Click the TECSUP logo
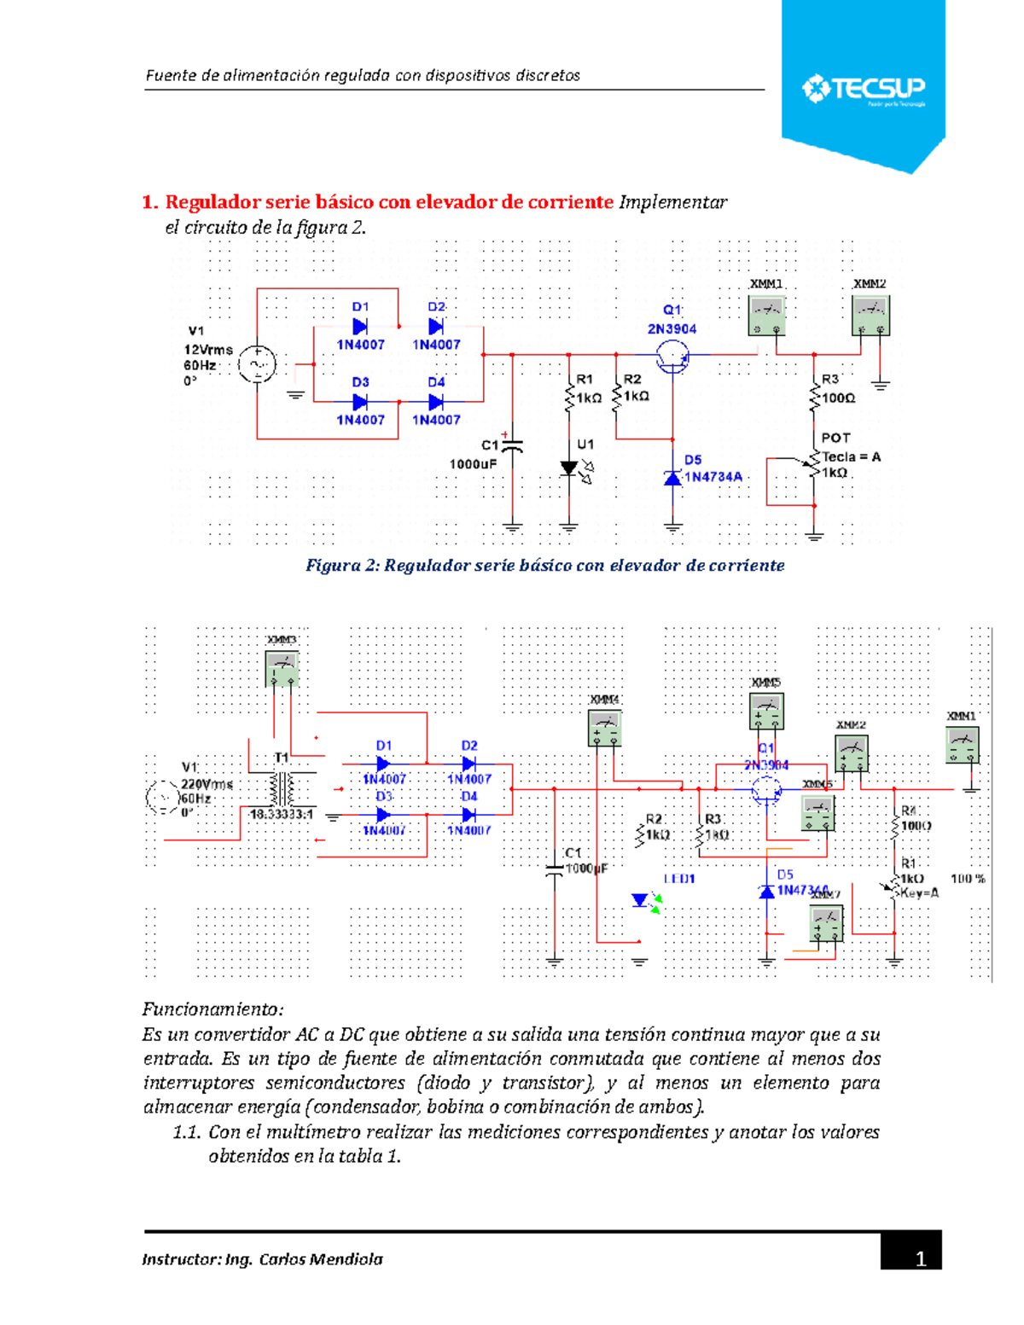click(x=863, y=89)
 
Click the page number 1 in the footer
click(x=920, y=1258)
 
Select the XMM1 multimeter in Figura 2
click(x=766, y=316)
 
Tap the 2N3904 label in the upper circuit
click(x=672, y=328)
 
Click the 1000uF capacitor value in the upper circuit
click(x=473, y=464)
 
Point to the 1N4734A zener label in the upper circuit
click(x=713, y=477)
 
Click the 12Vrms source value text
click(x=208, y=349)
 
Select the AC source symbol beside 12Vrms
click(x=257, y=364)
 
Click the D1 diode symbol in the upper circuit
click(x=360, y=327)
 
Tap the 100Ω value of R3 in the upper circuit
click(x=838, y=398)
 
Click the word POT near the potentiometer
click(x=835, y=438)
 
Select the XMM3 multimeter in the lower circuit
click(x=282, y=668)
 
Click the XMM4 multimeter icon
click(x=605, y=729)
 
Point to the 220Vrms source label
click(x=207, y=784)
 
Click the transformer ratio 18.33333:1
click(x=281, y=815)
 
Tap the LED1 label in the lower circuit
click(x=679, y=879)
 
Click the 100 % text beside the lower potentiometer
click(x=968, y=879)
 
